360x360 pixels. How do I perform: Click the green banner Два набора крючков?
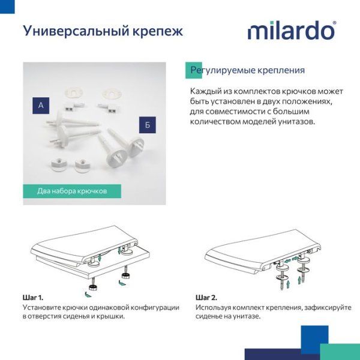(x=72, y=191)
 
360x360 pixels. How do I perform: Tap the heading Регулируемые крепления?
(x=247, y=70)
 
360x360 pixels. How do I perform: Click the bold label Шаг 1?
(x=32, y=298)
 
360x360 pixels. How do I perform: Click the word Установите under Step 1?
(x=41, y=307)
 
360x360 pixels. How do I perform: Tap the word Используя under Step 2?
(x=214, y=307)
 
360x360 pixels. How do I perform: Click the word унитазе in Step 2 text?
(x=246, y=316)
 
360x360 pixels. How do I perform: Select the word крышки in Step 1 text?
(x=110, y=316)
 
